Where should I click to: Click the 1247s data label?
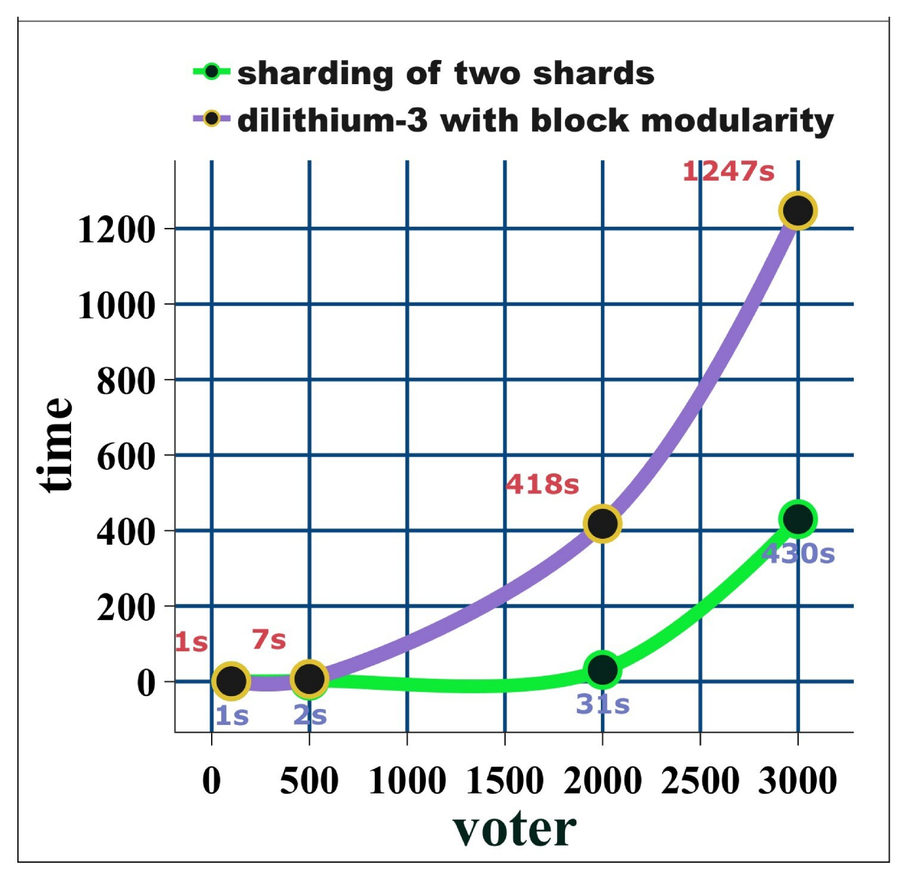point(728,171)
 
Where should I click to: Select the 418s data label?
point(542,484)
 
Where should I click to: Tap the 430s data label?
point(798,554)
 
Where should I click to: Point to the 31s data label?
point(602,705)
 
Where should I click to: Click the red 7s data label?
point(269,640)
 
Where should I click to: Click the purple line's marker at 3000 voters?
point(797,211)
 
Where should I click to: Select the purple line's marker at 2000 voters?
point(602,523)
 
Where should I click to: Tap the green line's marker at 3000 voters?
point(797,519)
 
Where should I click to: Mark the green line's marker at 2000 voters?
point(602,670)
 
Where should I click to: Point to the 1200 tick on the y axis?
point(117,229)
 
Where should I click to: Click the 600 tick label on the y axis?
point(126,456)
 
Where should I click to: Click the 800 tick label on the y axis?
point(126,381)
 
